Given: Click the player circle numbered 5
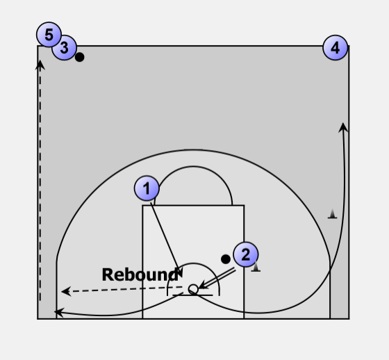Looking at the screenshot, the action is (49, 35).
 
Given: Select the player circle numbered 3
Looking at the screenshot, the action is (64, 47).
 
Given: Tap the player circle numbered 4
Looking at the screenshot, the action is (335, 48).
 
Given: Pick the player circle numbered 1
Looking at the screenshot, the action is (147, 188).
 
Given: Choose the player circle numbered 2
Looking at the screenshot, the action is (246, 254).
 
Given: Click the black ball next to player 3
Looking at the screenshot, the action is (80, 57).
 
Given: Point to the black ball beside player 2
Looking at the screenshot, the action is (226, 259).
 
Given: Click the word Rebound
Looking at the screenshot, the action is (140, 275).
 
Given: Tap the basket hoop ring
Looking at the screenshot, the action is (193, 289).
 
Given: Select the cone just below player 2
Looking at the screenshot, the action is (256, 267).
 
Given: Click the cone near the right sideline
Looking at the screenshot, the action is (333, 214).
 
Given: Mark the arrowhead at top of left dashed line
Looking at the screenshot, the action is (40, 65).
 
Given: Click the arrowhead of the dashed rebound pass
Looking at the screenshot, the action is (66, 291).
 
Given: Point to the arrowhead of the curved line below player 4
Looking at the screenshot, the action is (343, 127).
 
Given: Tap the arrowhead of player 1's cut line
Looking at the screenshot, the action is (180, 272).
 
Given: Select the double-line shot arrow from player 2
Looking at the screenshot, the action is (217, 278).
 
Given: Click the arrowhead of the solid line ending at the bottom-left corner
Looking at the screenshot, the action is (59, 312).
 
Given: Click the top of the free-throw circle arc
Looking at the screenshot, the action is (193, 166).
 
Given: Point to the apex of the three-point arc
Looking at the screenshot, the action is (193, 149).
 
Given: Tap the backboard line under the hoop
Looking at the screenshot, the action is (193, 295).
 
